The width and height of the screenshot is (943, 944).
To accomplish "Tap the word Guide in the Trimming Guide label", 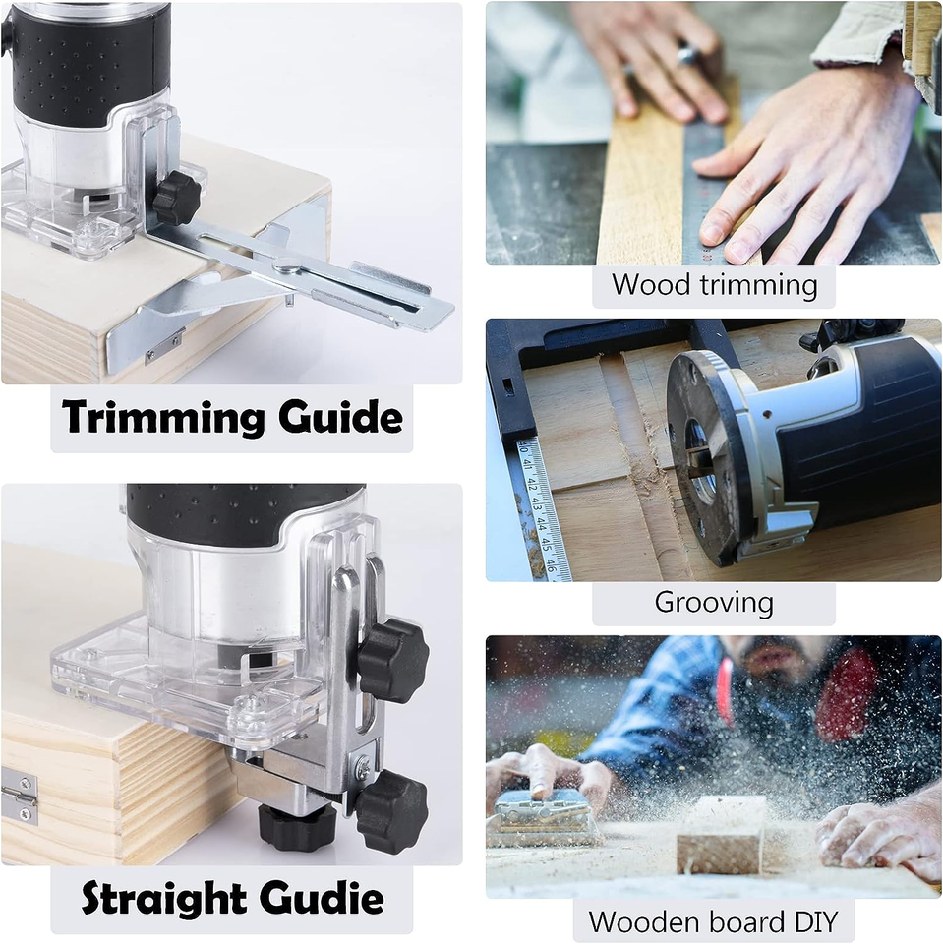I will click(340, 418).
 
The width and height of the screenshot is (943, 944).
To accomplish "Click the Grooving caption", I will click(714, 602).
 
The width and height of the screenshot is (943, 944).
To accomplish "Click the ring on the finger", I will click(687, 57).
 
